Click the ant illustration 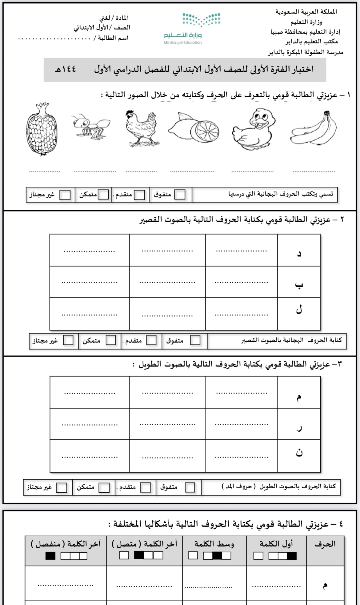[x=91, y=126]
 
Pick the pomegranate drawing [x=42, y=130]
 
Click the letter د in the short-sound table [x=299, y=254]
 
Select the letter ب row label [x=299, y=285]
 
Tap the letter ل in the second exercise [x=299, y=310]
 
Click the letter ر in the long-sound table [x=299, y=428]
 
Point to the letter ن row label [x=299, y=453]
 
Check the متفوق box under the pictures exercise [x=180, y=195]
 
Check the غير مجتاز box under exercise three [x=62, y=488]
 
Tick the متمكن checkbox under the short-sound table [x=111, y=340]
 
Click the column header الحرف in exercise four [x=325, y=544]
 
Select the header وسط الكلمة [x=214, y=544]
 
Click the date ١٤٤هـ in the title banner [x=65, y=69]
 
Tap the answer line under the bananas [x=314, y=171]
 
